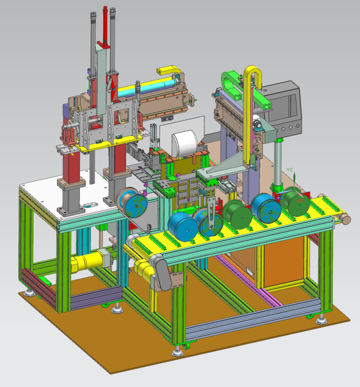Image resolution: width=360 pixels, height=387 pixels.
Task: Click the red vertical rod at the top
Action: click(105, 25)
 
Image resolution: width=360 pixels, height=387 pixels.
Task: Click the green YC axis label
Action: click(290, 170)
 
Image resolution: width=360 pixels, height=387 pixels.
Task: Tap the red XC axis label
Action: click(300, 201)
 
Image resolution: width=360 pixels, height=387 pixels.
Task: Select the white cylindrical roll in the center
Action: click(185, 144)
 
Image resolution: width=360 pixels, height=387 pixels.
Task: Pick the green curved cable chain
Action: click(228, 84)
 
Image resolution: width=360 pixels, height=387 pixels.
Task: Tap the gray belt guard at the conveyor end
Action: click(163, 274)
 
